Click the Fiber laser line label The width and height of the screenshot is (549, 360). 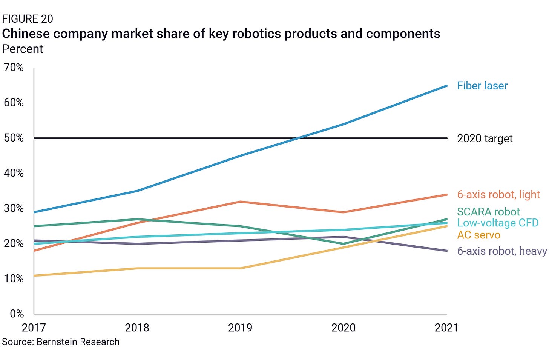482,86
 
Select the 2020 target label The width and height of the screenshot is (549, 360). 485,138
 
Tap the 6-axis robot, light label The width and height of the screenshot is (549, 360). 498,194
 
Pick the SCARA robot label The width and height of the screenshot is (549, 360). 488,211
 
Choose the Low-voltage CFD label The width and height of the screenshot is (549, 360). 498,223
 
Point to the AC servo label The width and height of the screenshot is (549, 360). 478,235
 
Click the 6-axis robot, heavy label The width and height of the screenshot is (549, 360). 501,251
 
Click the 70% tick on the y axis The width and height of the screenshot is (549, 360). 14,68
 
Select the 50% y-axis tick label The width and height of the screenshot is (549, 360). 14,138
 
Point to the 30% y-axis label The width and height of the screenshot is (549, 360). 14,208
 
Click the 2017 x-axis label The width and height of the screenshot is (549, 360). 34,327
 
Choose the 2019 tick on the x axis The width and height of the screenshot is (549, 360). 240,327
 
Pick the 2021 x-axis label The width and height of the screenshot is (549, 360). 446,327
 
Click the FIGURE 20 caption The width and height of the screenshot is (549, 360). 28,19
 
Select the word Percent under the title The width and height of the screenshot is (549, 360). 23,49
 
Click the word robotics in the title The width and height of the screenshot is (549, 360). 256,34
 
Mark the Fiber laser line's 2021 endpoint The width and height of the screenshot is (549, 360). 446,86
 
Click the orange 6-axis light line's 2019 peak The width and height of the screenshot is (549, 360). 240,202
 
